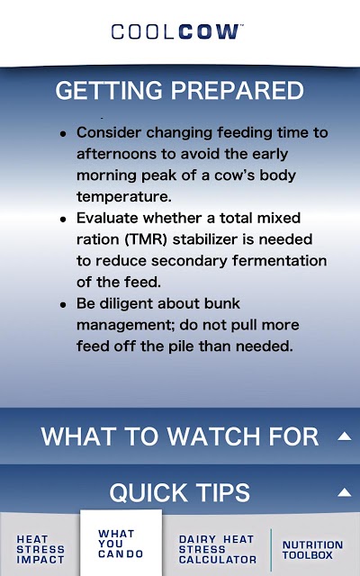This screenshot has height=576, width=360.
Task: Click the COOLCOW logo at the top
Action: (x=177, y=31)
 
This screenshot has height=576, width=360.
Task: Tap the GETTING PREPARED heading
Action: (x=180, y=90)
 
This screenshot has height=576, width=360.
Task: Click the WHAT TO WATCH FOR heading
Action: (x=180, y=436)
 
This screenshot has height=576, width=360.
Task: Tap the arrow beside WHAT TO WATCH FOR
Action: (x=345, y=436)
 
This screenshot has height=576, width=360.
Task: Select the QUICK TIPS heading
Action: (x=180, y=492)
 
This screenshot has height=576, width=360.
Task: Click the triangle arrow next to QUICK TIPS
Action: (x=345, y=492)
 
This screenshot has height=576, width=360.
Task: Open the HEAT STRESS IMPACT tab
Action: (x=40, y=550)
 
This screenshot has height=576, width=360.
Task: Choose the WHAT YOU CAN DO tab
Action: (x=121, y=544)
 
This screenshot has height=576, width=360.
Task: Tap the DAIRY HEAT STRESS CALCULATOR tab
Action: (x=218, y=550)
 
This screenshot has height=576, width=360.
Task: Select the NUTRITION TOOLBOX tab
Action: (x=312, y=550)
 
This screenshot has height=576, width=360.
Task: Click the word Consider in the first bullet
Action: (x=109, y=132)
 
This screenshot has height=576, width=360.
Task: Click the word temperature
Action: (x=124, y=197)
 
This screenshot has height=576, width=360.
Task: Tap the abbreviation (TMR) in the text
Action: (x=146, y=239)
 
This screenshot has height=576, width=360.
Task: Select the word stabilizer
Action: (x=206, y=239)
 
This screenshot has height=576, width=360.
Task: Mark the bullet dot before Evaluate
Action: (x=64, y=220)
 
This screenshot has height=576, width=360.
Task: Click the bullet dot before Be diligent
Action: (x=64, y=305)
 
